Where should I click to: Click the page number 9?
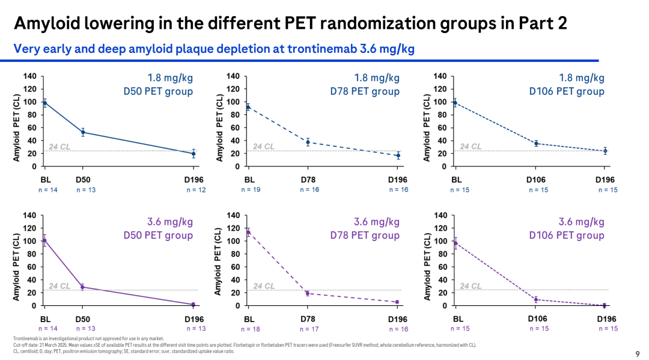[638, 353]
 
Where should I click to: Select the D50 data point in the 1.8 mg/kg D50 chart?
[83, 132]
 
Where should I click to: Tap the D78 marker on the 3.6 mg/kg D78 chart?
[308, 293]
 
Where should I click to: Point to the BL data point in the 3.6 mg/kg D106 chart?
[456, 243]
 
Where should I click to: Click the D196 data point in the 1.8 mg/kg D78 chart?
[397, 156]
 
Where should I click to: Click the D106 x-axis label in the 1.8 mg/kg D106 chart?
[536, 180]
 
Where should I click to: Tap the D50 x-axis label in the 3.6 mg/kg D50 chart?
[84, 319]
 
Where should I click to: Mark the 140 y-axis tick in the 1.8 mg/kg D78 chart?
[233, 76]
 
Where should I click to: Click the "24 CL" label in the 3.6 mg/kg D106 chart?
[471, 286]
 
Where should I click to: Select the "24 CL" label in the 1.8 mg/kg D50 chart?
[59, 147]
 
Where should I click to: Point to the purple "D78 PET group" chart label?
[364, 235]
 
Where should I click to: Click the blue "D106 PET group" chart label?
[567, 91]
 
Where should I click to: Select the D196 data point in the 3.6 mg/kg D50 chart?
[193, 305]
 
